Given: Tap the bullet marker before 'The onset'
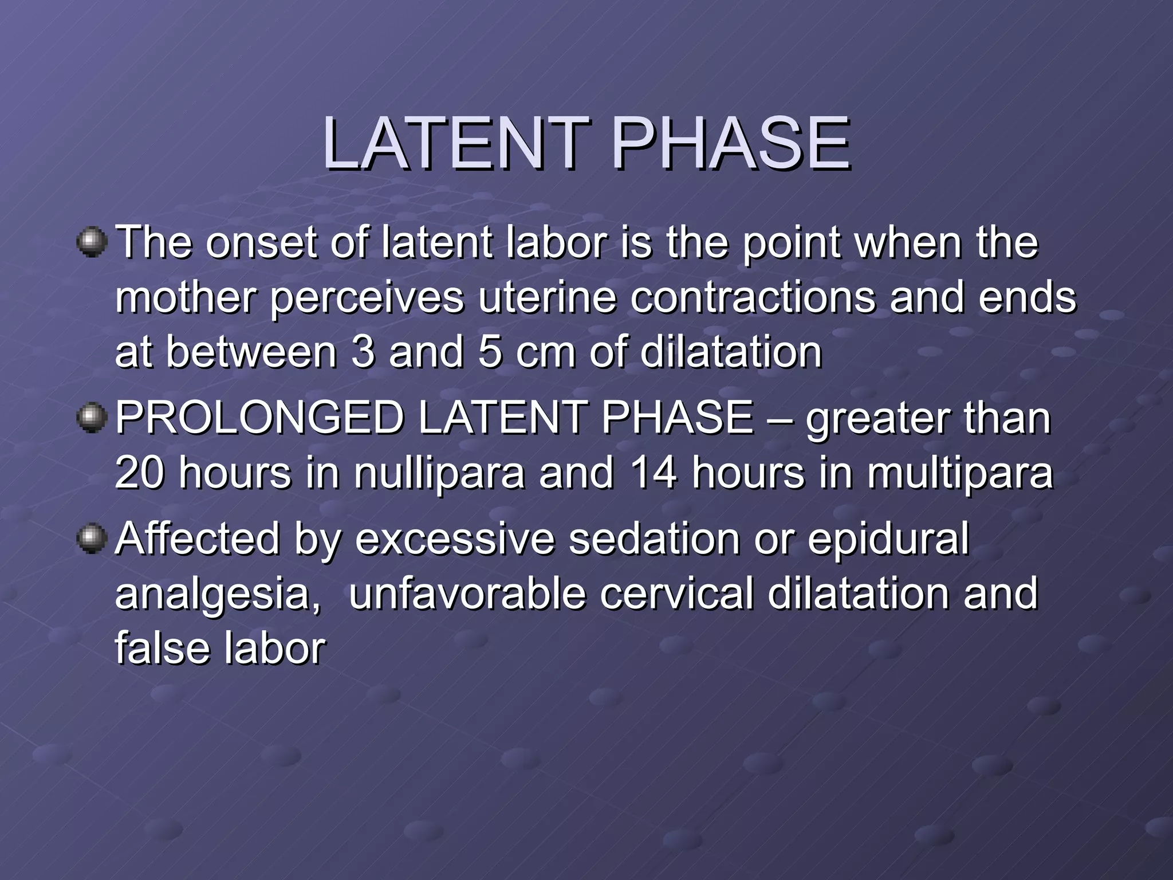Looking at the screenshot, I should [92, 242].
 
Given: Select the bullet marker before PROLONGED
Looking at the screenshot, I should [92, 418].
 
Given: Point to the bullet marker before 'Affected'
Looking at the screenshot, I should [92, 539].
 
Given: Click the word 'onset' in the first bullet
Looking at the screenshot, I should [261, 242].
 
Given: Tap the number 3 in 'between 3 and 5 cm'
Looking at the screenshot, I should [363, 352].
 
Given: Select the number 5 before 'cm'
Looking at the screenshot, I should [490, 352].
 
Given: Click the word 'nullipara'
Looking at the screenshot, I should [439, 474].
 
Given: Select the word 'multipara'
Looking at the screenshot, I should [960, 474].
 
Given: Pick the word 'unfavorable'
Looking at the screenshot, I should [467, 594].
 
